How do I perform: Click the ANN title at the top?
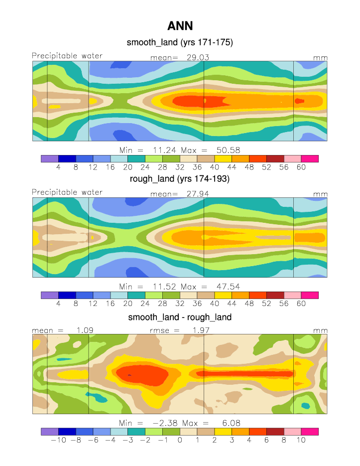point(180,26)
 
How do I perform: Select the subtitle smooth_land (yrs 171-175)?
point(180,43)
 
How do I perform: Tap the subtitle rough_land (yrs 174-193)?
point(180,179)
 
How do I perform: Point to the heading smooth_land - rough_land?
point(180,317)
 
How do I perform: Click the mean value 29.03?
point(197,58)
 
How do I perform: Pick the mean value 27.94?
point(197,193)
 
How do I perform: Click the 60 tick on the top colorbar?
point(301,167)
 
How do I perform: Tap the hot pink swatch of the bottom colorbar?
point(310,431)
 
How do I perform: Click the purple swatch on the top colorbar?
point(50,158)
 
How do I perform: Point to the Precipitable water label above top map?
point(67,56)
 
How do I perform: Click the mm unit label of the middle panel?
point(320,194)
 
